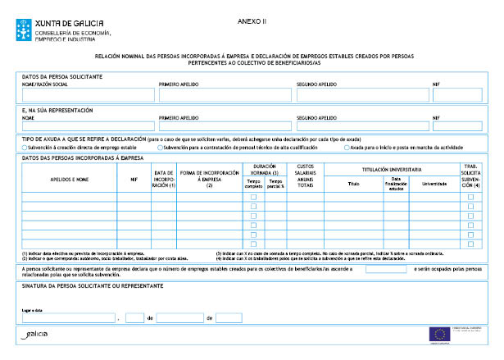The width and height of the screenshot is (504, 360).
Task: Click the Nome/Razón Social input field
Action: click(86, 94)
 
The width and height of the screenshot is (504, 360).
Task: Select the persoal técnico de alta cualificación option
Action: click(160, 148)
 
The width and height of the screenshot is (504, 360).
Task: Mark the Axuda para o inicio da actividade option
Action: click(347, 148)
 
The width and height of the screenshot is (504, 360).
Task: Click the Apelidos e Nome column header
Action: click(69, 176)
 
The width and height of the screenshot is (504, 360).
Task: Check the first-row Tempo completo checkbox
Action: click(253, 197)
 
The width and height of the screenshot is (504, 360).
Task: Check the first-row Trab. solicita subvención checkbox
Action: click(470, 197)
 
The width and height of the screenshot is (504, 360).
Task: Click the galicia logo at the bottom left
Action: click(36, 335)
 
